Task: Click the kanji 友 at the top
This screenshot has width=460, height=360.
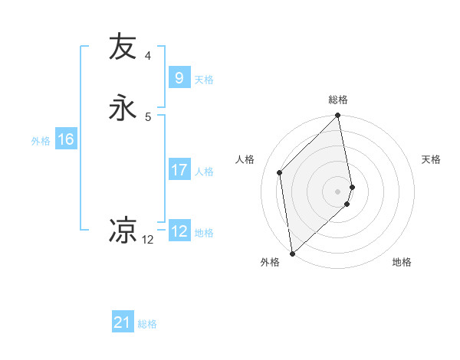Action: pyautogui.click(x=123, y=47)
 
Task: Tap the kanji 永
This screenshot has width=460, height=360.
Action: pyautogui.click(x=123, y=108)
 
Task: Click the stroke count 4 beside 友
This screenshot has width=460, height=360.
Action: pyautogui.click(x=148, y=55)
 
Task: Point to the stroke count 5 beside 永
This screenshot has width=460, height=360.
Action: pyautogui.click(x=148, y=116)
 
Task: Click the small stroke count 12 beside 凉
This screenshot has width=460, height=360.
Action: pyautogui.click(x=148, y=240)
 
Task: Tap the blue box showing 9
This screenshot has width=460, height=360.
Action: pyautogui.click(x=179, y=78)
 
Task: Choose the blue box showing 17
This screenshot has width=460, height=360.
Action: pyautogui.click(x=179, y=170)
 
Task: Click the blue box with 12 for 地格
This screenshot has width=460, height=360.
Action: pyautogui.click(x=179, y=231)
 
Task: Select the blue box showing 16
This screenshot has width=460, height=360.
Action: pyautogui.click(x=66, y=139)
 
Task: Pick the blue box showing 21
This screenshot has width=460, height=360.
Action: pyautogui.click(x=123, y=323)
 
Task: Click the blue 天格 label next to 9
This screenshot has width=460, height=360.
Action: pyautogui.click(x=204, y=80)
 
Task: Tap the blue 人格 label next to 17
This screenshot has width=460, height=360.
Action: pyautogui.click(x=204, y=172)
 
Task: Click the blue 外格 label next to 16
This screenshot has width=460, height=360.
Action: pyautogui.click(x=41, y=141)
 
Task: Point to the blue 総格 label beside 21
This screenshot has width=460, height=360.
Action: pyautogui.click(x=147, y=325)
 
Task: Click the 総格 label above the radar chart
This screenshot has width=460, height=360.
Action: pyautogui.click(x=338, y=100)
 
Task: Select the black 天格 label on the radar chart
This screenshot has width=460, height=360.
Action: pyautogui.click(x=431, y=159)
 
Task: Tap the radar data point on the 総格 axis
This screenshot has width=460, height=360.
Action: pyautogui.click(x=338, y=116)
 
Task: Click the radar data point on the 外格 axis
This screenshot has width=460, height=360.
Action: pyautogui.click(x=292, y=253)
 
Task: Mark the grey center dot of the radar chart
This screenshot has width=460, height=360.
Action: pyautogui.click(x=338, y=191)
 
